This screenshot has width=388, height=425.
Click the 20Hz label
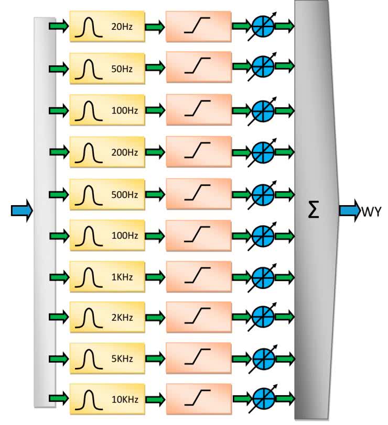point(124,26)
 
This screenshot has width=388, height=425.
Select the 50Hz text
point(124,68)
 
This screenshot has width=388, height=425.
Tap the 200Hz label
point(124,152)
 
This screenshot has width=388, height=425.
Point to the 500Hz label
point(124,194)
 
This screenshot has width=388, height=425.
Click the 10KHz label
point(124,399)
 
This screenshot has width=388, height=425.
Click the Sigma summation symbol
point(313,211)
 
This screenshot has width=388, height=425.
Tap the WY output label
point(371,211)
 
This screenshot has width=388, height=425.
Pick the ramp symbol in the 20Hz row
point(197,26)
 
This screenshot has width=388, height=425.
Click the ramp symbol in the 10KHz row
point(197,398)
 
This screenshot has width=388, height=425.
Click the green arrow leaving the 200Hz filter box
point(155,152)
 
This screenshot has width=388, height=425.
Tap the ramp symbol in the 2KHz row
point(197,317)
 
